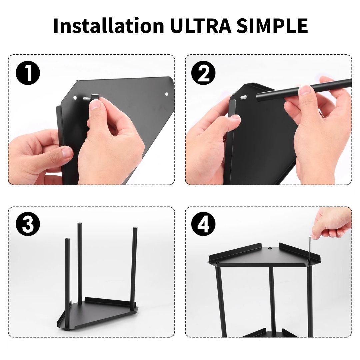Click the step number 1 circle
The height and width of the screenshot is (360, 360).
[x=28, y=73]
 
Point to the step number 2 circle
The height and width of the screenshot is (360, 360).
[x=203, y=73]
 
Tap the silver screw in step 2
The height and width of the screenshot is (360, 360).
[x=244, y=97]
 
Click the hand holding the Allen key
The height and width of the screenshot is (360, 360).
[x=333, y=224]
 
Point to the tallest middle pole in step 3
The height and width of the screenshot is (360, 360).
[x=79, y=263]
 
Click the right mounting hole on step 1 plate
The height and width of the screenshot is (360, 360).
[x=166, y=94]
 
